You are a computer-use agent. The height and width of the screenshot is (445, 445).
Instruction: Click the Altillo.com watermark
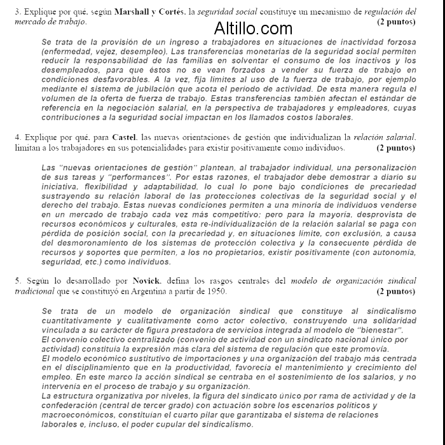253,29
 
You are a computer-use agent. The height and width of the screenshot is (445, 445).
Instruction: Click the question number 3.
17,11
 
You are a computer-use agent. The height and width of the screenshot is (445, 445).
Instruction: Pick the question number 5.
17,280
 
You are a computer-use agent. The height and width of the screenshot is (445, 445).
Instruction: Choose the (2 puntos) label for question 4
395,147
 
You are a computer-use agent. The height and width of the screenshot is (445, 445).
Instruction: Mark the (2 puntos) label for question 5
395,291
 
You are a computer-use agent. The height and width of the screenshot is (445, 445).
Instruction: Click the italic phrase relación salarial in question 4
385,137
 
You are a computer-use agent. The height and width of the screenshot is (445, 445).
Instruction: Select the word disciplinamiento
92,367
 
